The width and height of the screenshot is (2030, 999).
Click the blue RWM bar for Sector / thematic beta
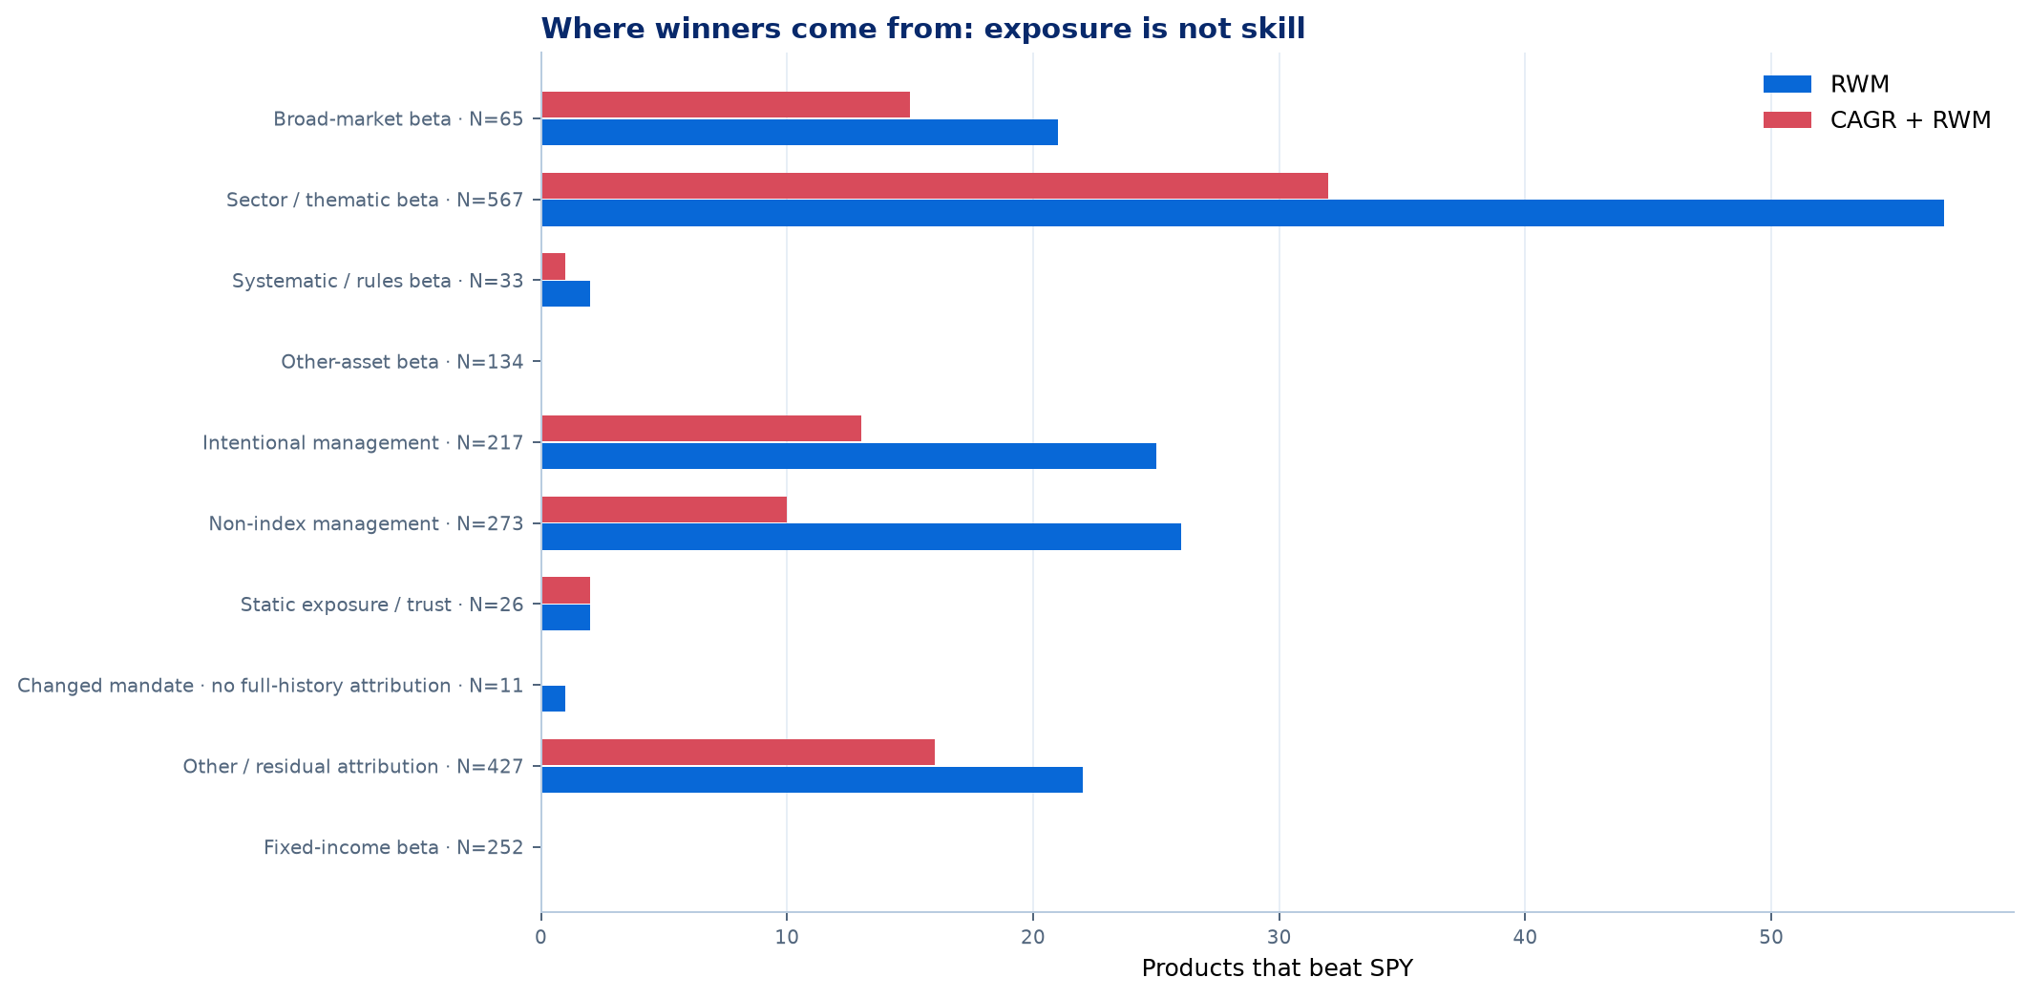click(x=1242, y=213)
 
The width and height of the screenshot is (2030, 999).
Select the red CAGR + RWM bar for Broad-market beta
click(x=726, y=105)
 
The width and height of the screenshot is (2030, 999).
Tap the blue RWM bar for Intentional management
click(x=849, y=456)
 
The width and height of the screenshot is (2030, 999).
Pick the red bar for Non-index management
click(x=664, y=510)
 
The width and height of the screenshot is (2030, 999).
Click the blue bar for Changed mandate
click(x=554, y=699)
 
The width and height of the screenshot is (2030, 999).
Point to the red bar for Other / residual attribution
click(x=738, y=753)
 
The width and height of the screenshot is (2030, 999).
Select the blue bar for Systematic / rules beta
click(x=566, y=294)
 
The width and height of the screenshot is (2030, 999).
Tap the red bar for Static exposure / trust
click(x=566, y=590)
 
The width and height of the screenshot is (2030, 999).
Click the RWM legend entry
click(x=1826, y=84)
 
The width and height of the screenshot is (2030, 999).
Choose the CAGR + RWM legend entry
click(x=1876, y=120)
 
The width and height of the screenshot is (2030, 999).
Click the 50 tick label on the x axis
click(x=1771, y=938)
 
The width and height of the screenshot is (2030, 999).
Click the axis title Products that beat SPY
click(x=1278, y=968)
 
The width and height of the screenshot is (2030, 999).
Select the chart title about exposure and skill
click(x=923, y=29)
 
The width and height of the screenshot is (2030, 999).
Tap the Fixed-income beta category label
click(x=393, y=847)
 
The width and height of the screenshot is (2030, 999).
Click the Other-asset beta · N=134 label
click(x=402, y=362)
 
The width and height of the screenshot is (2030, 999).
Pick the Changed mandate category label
click(x=270, y=686)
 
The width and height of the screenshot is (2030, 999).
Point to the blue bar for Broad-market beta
click(x=799, y=133)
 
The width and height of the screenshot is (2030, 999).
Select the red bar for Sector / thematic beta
click(x=935, y=186)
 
